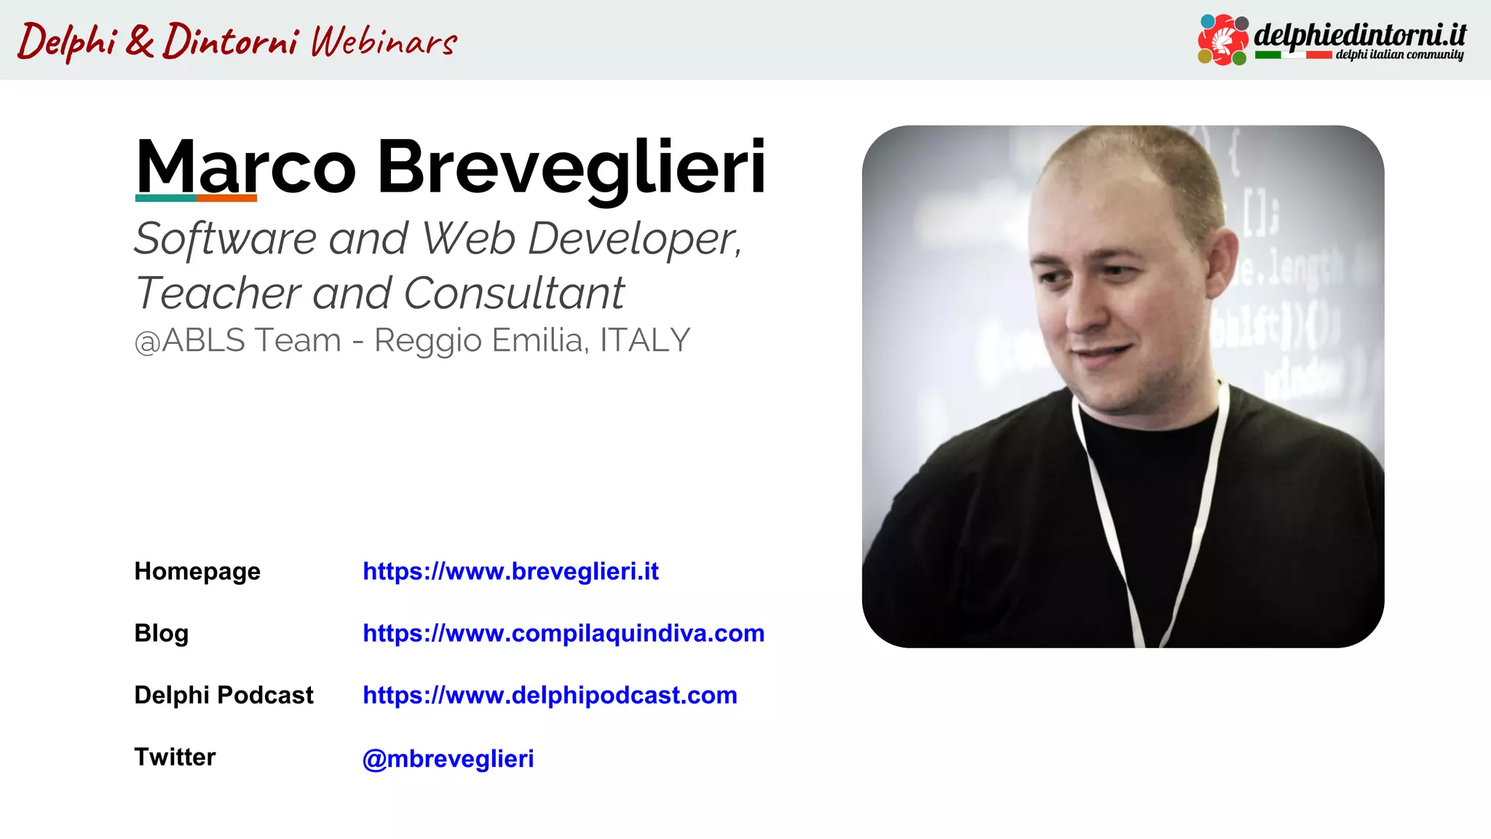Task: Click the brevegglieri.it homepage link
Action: click(x=510, y=572)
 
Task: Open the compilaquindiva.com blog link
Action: click(x=563, y=634)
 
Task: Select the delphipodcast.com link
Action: click(x=550, y=696)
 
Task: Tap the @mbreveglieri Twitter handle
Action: click(x=448, y=759)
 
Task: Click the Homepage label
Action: click(x=197, y=572)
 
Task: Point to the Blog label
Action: click(x=161, y=634)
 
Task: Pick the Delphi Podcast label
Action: click(x=224, y=696)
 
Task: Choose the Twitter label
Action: click(x=175, y=757)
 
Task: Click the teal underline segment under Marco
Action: click(x=166, y=198)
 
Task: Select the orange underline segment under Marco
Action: click(x=226, y=198)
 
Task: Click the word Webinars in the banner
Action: click(x=384, y=42)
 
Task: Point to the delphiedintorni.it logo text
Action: click(x=1360, y=34)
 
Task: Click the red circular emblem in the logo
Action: click(x=1223, y=40)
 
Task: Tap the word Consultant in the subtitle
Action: click(x=514, y=293)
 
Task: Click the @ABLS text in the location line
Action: click(x=190, y=341)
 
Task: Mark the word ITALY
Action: click(x=644, y=341)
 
